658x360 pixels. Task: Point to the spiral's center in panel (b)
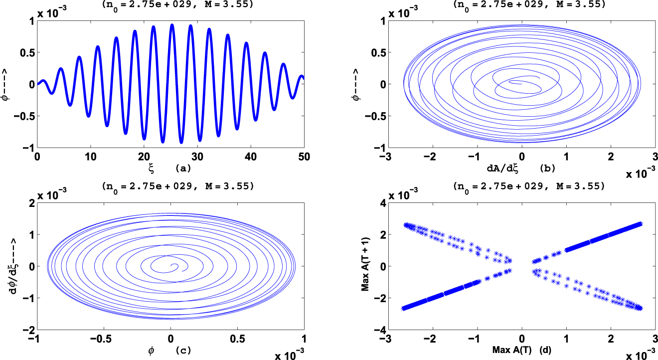tap(521, 84)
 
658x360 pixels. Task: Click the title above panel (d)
tap(521, 187)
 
